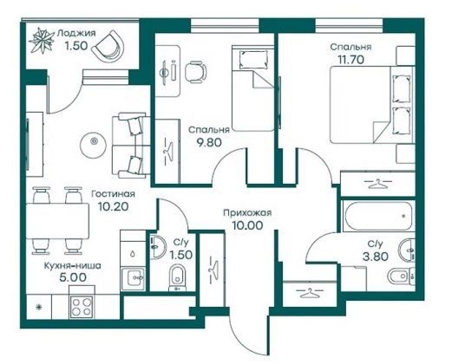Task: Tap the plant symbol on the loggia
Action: coord(43,41)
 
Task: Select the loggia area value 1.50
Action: coord(76,46)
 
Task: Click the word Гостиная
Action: coord(113,194)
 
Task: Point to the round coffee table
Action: coord(94,141)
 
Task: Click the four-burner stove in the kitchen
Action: coord(82,307)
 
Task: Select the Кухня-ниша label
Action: coord(73,265)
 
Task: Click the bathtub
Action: coord(378,216)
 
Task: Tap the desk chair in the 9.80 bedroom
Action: coord(196,72)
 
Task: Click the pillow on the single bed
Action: coord(252,59)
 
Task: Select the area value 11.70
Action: coord(350,60)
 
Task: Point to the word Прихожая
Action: coord(247,213)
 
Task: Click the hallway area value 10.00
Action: coord(248,225)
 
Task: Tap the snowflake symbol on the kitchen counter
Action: coord(38,307)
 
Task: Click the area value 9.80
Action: coord(209,142)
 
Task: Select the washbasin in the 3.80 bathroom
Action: coord(407,249)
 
